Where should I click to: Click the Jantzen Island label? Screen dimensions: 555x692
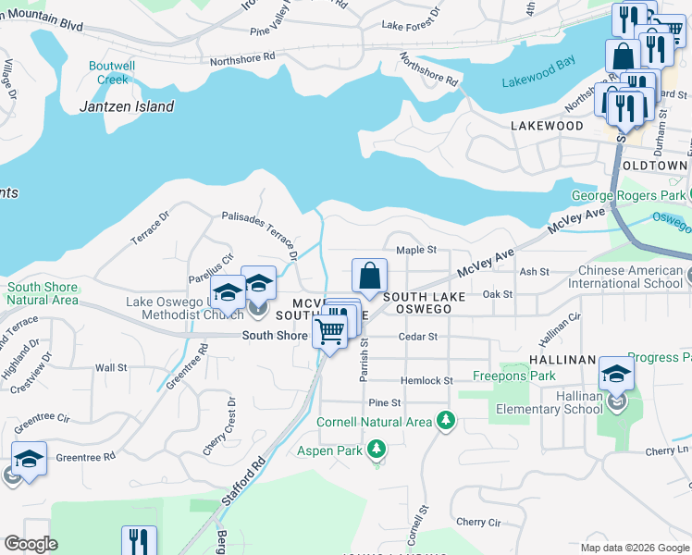(x=126, y=106)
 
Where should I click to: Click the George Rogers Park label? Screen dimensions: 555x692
(x=628, y=195)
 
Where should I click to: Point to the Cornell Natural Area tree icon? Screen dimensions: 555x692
(x=447, y=422)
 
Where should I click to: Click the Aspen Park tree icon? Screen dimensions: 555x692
(x=376, y=450)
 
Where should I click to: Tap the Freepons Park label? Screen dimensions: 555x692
(x=513, y=376)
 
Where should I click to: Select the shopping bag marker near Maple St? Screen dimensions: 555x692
(x=369, y=276)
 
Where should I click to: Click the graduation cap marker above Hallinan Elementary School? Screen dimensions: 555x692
(x=616, y=374)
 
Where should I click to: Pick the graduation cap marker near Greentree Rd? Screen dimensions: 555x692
(x=30, y=460)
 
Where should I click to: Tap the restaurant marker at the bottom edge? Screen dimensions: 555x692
(x=139, y=541)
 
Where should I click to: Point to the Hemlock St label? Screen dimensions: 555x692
(x=426, y=380)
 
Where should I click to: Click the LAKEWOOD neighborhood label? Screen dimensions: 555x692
(x=548, y=126)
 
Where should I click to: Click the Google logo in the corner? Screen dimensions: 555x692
(x=31, y=545)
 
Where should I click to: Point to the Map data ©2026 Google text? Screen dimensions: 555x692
(x=634, y=548)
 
